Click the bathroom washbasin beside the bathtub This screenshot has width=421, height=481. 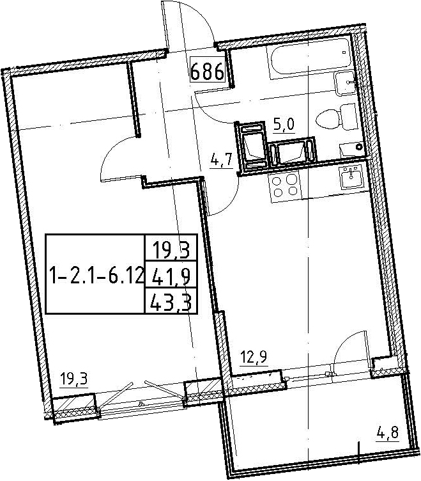[x=345, y=83]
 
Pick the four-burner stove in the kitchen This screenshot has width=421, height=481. [x=286, y=186]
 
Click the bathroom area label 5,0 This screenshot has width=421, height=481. [x=284, y=125]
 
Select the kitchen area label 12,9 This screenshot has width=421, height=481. [x=254, y=357]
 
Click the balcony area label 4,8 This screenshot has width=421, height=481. [x=388, y=433]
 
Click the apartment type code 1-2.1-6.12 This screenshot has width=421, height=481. [x=95, y=274]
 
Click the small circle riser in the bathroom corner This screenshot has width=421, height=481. [x=359, y=147]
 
